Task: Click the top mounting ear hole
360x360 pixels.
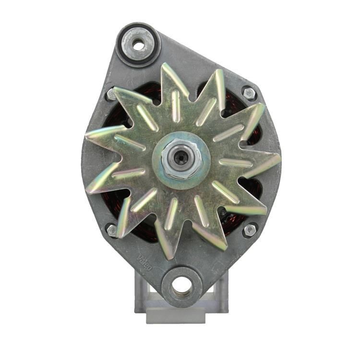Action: [138, 46]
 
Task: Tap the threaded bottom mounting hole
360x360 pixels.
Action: [182, 287]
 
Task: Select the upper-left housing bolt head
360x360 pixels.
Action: [111, 94]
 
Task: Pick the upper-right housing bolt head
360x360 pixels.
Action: [248, 92]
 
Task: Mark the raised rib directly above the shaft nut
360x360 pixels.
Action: [176, 106]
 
